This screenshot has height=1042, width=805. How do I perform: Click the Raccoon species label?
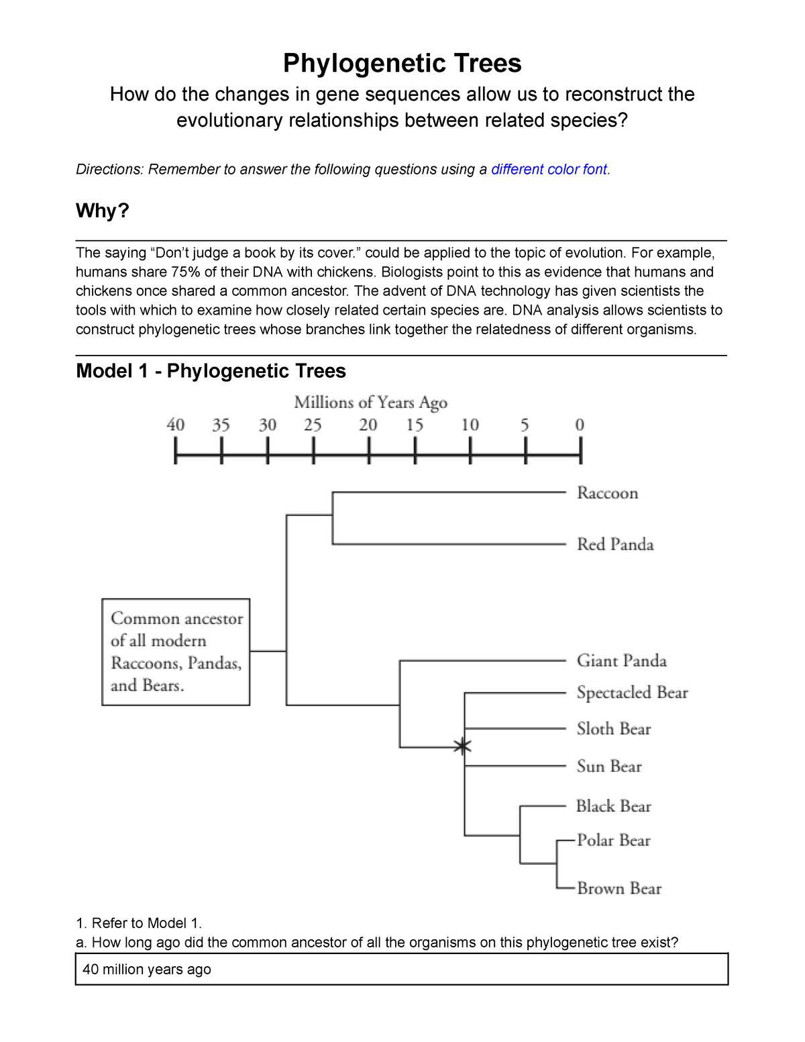(607, 493)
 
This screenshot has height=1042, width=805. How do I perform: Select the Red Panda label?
(615, 544)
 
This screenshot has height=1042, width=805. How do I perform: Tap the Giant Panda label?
(621, 661)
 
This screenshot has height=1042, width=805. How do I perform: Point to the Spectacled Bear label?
(632, 692)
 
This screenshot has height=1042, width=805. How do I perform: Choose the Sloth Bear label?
(613, 729)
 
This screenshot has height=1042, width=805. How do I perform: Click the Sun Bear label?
(609, 766)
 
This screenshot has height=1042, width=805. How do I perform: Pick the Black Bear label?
(613, 806)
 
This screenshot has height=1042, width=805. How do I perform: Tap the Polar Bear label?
(613, 840)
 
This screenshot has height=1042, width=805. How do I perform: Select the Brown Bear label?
(619, 888)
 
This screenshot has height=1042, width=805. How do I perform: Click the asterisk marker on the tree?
(462, 746)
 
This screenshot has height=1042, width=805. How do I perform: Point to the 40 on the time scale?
(176, 425)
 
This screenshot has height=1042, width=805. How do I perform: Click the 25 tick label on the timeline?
(313, 425)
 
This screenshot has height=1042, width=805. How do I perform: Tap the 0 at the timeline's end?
(580, 425)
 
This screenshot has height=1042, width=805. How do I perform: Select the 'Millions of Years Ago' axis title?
(370, 402)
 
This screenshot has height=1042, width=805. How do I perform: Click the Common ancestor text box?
(176, 652)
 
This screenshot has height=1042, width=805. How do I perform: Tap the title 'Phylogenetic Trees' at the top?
(402, 63)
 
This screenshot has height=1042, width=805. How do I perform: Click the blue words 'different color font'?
(549, 169)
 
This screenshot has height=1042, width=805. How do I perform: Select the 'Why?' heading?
(102, 211)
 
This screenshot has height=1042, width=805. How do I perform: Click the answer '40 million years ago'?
(147, 970)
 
